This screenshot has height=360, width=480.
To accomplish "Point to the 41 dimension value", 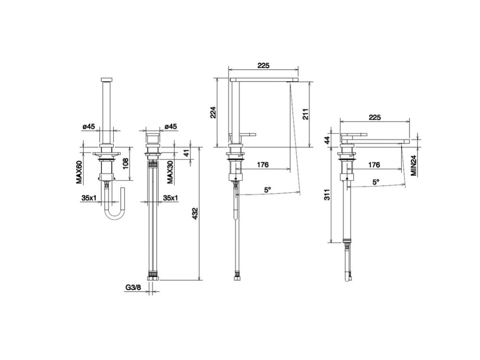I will (187, 153).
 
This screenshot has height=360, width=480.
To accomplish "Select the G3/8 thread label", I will (133, 288).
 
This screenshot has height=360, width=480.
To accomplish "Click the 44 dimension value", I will (328, 140).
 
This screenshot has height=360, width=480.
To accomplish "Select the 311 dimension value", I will (328, 195).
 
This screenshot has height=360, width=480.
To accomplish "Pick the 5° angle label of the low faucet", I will (376, 182).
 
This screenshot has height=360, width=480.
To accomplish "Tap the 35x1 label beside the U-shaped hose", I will (89, 197).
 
